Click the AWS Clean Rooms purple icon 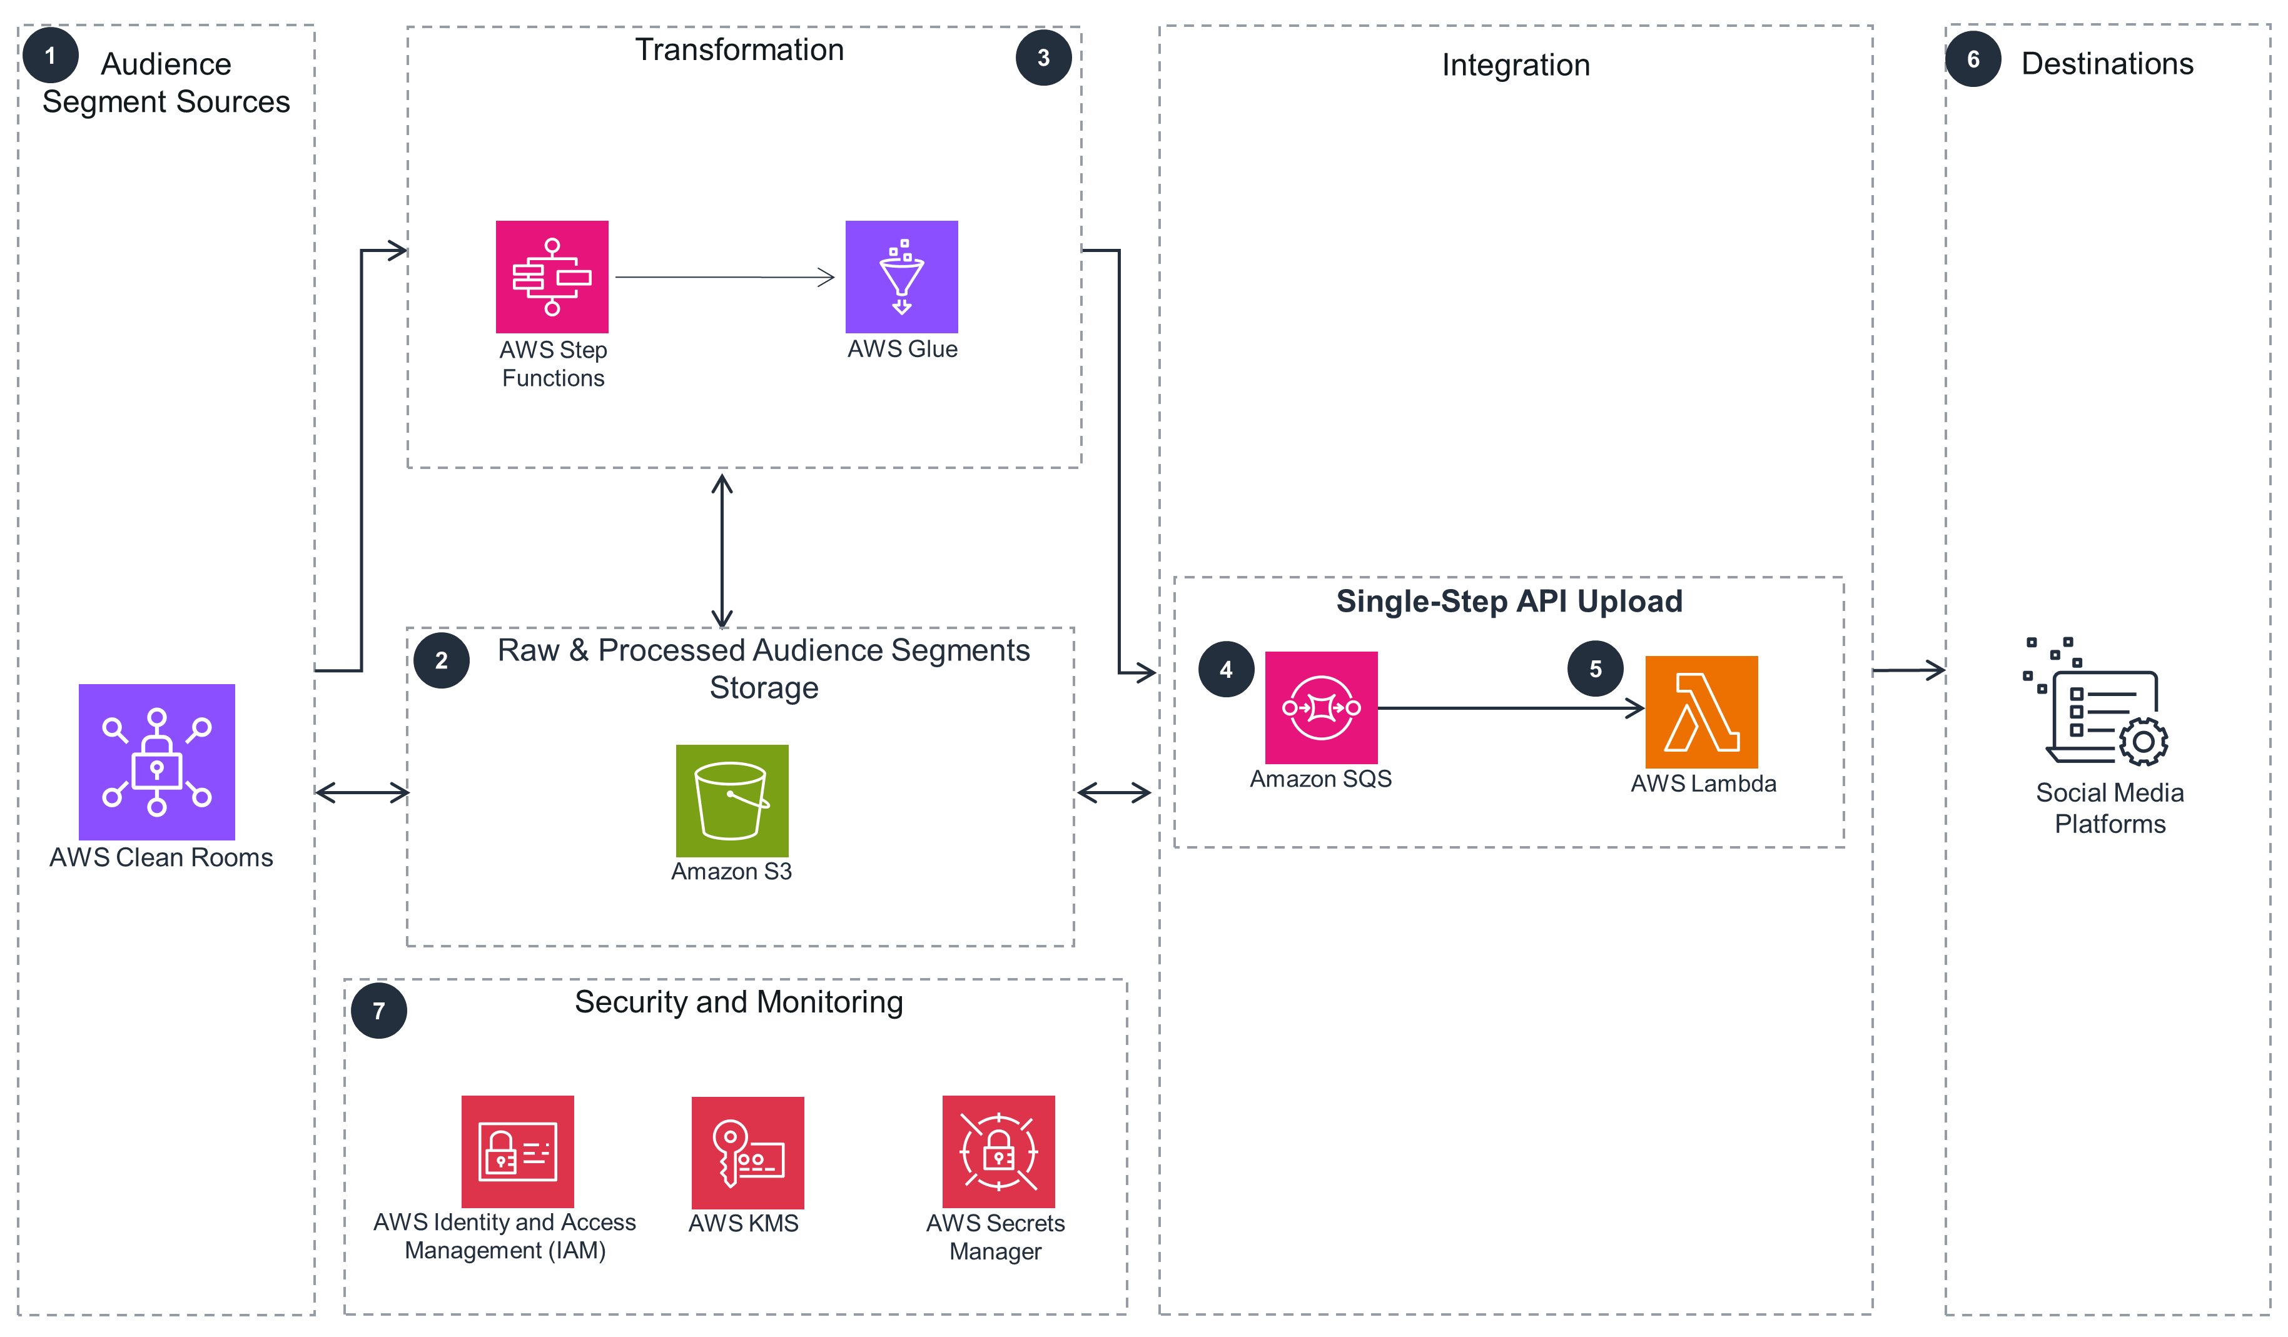point(156,762)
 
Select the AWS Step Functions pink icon point(552,277)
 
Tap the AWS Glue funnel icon point(901,277)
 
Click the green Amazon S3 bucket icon point(732,800)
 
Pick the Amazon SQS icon point(1321,707)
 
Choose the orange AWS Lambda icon point(1701,712)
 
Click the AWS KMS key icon point(747,1152)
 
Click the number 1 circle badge point(50,56)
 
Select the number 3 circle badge point(1043,58)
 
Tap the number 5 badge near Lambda point(1595,669)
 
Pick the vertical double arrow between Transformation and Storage point(722,550)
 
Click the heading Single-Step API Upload point(1509,601)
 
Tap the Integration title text point(1516,66)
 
